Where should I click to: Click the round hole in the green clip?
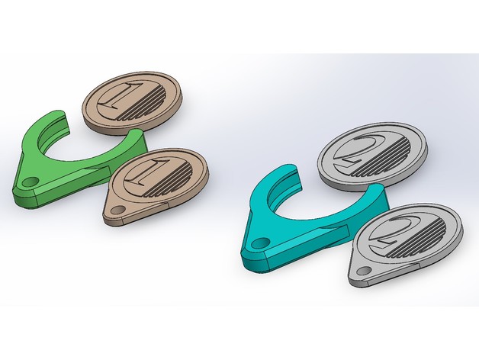[30, 182]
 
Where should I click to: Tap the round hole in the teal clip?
[259, 243]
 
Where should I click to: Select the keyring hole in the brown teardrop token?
[118, 210]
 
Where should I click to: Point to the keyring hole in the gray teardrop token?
[364, 271]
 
